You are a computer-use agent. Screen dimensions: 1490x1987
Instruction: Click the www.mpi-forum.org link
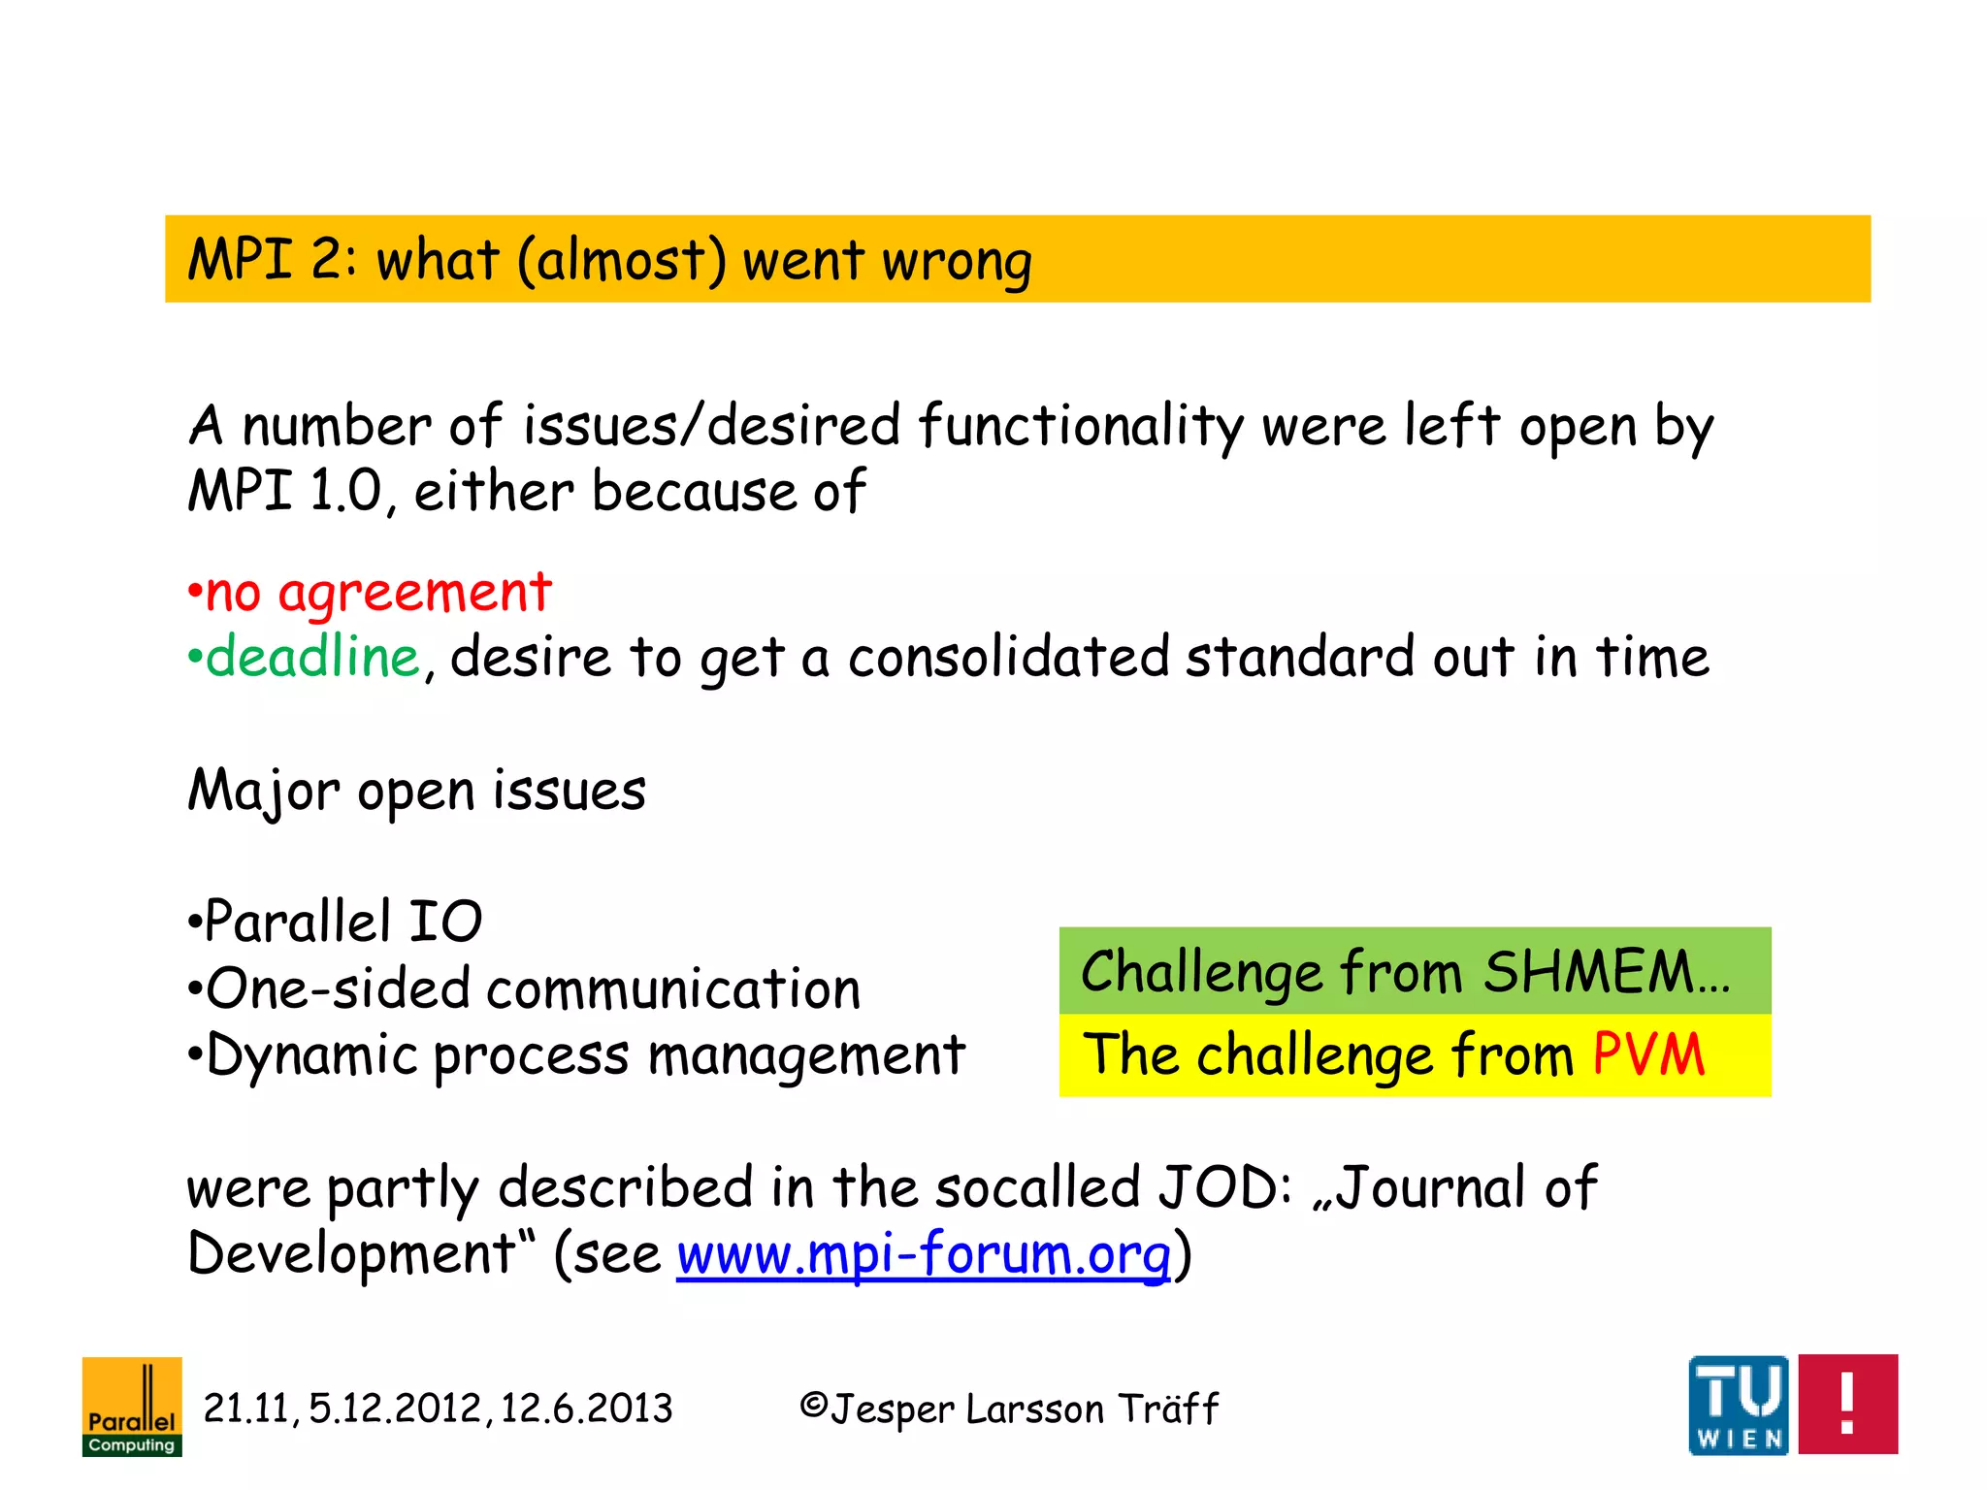coord(924,1253)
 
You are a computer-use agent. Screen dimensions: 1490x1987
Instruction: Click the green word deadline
coord(312,657)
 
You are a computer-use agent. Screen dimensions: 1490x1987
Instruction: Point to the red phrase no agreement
coord(378,592)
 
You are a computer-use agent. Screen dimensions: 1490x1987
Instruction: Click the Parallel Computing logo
coord(132,1407)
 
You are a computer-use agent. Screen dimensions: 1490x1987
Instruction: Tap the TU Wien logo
coord(1739,1405)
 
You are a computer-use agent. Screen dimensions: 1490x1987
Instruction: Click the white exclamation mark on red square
coord(1847,1404)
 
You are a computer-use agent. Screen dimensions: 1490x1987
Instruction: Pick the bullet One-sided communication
coord(533,988)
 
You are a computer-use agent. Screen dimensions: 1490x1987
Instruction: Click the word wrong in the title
coord(957,260)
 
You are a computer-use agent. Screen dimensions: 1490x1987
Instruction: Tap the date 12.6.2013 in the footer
coord(586,1408)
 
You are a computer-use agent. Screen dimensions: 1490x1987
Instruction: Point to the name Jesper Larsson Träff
coord(1024,1409)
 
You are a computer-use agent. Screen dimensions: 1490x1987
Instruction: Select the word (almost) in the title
coord(621,260)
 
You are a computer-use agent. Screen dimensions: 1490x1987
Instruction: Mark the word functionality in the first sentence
coord(1080,426)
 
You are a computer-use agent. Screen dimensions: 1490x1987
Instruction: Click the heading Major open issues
coord(416,790)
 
